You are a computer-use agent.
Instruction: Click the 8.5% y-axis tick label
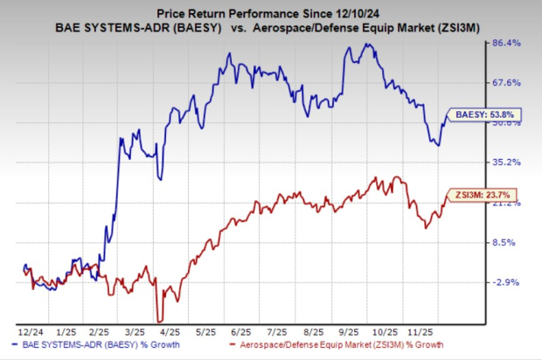pyautogui.click(x=509, y=243)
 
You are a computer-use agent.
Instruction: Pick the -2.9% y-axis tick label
pyautogui.click(x=509, y=282)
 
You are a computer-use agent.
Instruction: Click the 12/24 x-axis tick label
pyautogui.click(x=27, y=332)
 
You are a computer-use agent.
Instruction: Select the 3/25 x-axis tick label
pyautogui.click(x=134, y=332)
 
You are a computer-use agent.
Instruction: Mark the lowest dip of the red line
pyautogui.click(x=158, y=320)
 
